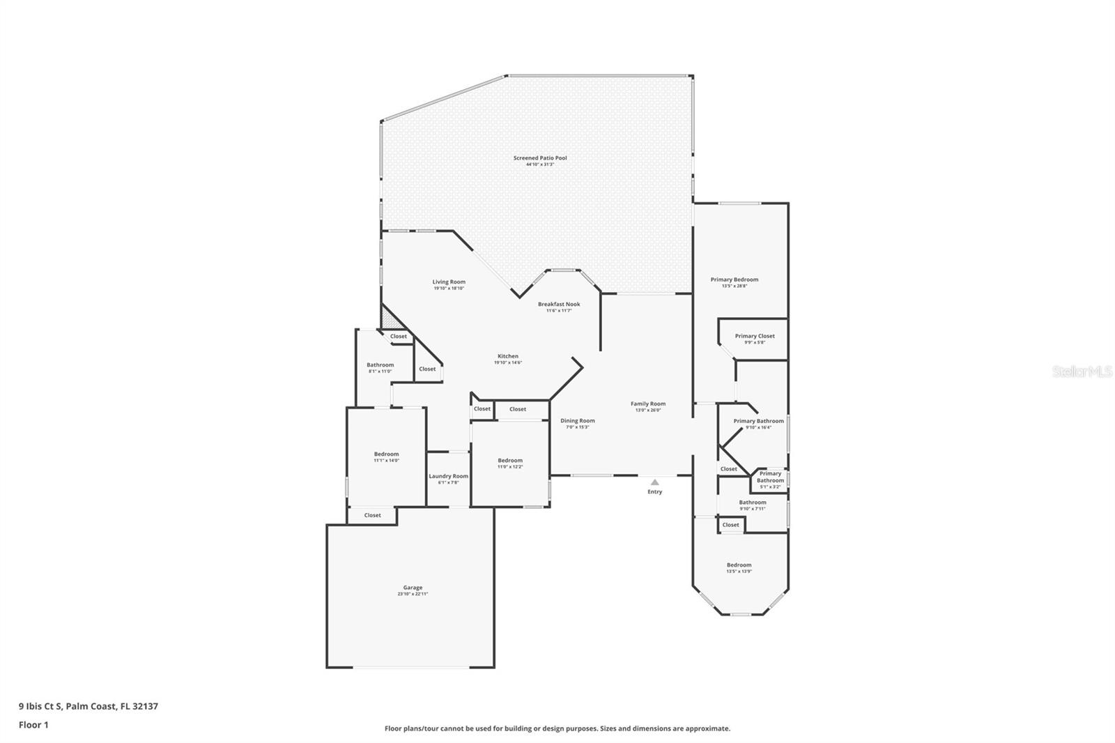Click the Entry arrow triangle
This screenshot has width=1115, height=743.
(654, 482)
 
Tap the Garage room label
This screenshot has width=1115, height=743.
(413, 588)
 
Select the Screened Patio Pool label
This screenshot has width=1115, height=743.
(540, 158)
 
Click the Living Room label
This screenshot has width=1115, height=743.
(449, 282)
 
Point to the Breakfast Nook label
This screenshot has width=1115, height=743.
(559, 305)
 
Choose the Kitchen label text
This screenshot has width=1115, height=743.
(508, 356)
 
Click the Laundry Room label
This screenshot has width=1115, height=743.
(448, 476)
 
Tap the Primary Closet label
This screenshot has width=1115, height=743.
(755, 336)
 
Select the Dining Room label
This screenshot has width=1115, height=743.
(578, 420)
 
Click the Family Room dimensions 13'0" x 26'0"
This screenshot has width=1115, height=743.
(648, 411)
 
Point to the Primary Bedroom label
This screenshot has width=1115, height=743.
(735, 279)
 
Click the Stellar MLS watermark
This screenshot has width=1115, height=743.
(1082, 372)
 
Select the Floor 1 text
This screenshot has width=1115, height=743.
(33, 725)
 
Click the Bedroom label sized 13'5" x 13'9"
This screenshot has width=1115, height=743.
(739, 565)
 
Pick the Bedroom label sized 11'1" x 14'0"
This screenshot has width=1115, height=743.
(386, 454)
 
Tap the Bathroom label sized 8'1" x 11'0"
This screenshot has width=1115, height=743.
(380, 365)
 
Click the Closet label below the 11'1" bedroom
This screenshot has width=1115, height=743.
(373, 515)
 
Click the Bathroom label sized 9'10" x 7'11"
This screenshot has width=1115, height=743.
(753, 503)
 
